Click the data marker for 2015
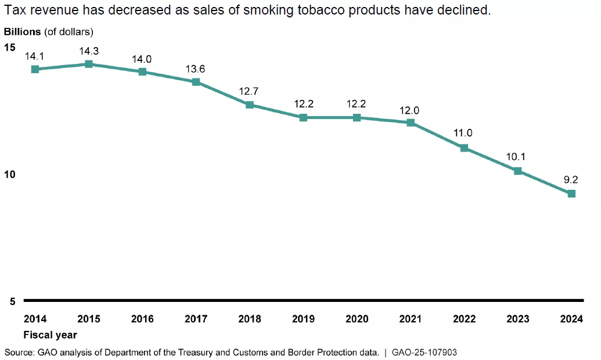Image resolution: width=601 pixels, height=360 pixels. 88,64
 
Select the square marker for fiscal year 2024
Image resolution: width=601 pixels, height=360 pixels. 571,193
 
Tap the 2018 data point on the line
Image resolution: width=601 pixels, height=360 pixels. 250,105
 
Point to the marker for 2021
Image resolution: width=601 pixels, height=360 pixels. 411,123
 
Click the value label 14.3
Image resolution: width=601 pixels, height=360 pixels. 88,51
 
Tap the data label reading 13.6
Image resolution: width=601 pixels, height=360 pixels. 195,69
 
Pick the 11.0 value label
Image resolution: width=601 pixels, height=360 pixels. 463,133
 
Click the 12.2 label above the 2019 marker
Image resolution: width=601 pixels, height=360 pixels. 303,104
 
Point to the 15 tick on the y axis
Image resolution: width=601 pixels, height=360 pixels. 9,46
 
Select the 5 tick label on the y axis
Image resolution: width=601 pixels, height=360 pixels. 12,301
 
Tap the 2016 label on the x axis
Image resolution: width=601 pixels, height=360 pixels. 142,319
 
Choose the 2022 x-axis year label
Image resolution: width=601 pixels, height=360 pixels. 464,319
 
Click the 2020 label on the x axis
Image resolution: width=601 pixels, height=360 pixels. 357,319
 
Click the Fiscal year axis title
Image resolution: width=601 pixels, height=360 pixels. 50,335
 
